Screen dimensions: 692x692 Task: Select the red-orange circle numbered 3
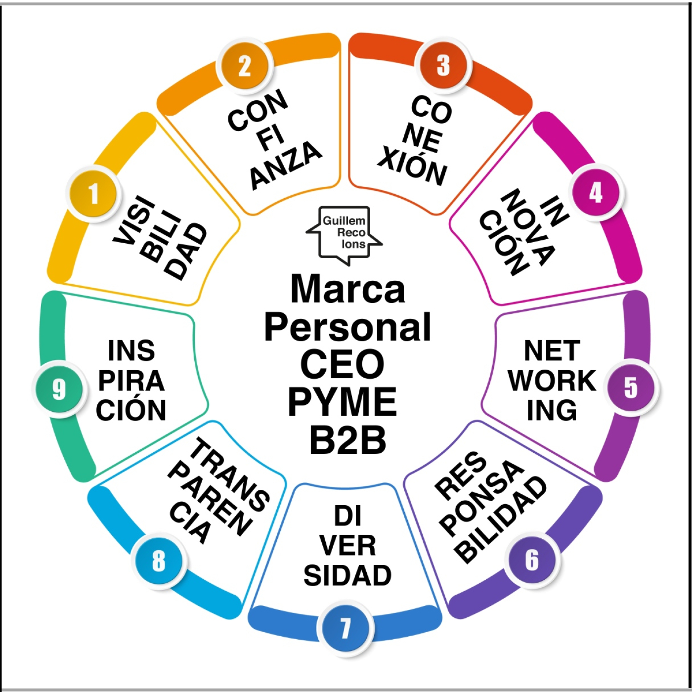pyautogui.click(x=443, y=66)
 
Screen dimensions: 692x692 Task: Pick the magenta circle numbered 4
pyautogui.click(x=596, y=193)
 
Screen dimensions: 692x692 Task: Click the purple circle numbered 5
pyautogui.click(x=631, y=388)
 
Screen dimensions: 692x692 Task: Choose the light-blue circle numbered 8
pyautogui.click(x=158, y=561)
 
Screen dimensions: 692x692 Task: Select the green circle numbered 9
pyautogui.click(x=59, y=389)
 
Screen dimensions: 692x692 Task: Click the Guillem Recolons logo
pyautogui.click(x=344, y=235)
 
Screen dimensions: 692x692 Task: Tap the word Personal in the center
pyautogui.click(x=347, y=328)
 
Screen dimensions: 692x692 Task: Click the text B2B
pyautogui.click(x=347, y=439)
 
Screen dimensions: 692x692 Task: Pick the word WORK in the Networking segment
pyautogui.click(x=552, y=381)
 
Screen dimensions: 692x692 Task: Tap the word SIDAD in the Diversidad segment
pyautogui.click(x=347, y=575)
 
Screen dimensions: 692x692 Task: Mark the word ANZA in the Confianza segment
pyautogui.click(x=286, y=166)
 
